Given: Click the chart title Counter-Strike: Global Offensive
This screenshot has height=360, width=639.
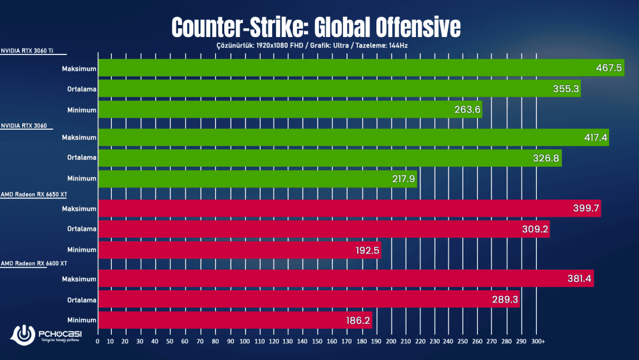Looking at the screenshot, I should click(x=316, y=27).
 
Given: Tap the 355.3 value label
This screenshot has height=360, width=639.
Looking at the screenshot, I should click(x=566, y=89).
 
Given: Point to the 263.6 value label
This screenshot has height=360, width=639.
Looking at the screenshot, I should click(x=467, y=110).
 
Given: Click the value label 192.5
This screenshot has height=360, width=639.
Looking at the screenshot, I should click(x=367, y=249).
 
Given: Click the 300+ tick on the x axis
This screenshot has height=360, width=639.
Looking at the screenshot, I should click(x=538, y=341).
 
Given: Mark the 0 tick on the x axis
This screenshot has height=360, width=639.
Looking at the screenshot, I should click(x=97, y=341).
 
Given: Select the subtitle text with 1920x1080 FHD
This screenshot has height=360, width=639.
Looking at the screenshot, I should click(x=315, y=46).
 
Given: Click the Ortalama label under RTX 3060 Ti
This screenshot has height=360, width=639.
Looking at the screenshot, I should click(x=82, y=89).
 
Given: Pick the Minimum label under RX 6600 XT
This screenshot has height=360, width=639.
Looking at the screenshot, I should click(x=82, y=320).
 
